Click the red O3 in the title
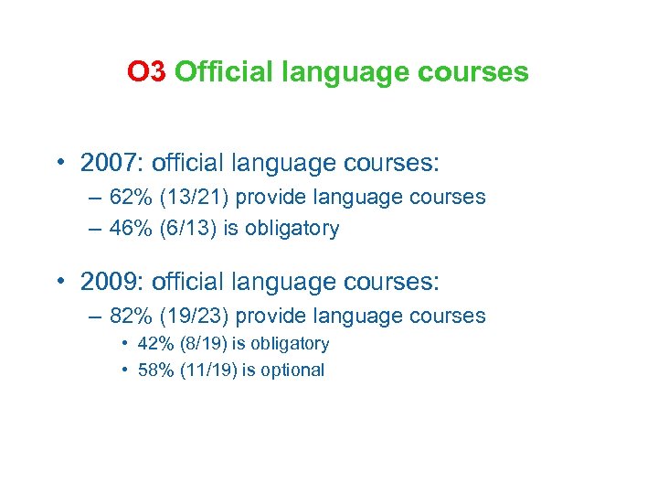point(146,71)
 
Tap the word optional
point(292,370)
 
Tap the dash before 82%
point(97,317)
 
